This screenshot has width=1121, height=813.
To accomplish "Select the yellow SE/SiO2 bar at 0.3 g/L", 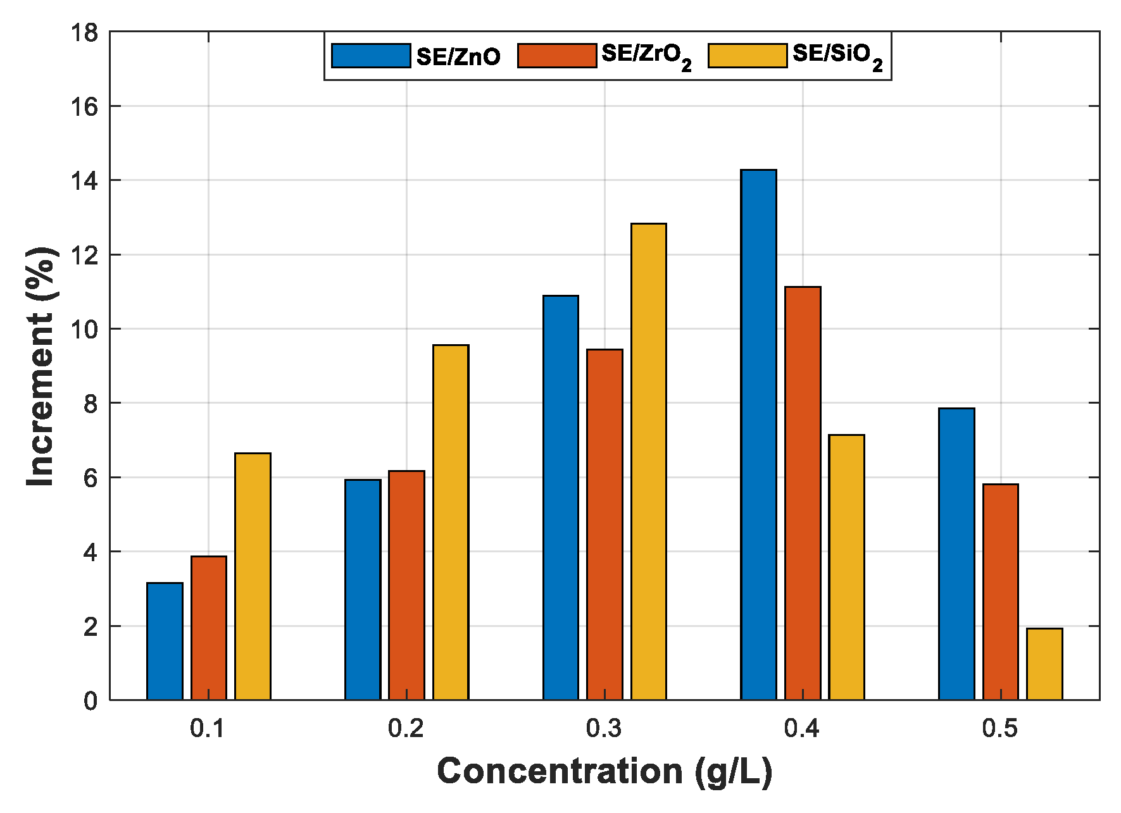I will tap(648, 462).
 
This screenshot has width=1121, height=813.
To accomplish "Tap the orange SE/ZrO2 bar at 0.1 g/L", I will tap(209, 628).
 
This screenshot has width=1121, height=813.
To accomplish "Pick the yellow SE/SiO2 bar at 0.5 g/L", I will tap(1044, 664).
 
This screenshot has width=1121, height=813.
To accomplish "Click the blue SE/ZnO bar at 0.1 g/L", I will tap(165, 642).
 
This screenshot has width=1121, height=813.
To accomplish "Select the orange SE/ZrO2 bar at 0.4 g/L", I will tap(803, 493).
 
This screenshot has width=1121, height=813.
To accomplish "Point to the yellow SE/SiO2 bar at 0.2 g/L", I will tap(451, 523).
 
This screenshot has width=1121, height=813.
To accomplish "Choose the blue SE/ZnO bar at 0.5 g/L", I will tap(956, 554).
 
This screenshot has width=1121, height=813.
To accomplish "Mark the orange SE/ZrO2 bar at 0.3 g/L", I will tap(604, 524).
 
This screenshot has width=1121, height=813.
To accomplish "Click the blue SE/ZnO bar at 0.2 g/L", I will tap(363, 590).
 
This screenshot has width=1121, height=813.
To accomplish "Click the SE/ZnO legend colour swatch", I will tap(371, 56).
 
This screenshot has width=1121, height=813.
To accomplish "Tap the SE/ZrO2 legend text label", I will tap(646, 56).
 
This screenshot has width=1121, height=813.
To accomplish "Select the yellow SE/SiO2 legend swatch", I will tap(748, 56).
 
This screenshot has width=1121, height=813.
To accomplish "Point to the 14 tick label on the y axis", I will tap(85, 181).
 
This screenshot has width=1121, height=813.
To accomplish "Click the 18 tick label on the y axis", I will tap(85, 32).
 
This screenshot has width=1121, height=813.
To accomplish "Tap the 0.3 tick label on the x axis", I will tap(604, 729).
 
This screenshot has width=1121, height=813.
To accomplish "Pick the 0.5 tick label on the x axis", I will tap(1000, 729).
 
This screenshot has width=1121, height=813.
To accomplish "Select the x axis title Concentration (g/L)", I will tap(604, 772).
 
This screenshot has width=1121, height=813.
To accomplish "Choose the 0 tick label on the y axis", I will tap(91, 701).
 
